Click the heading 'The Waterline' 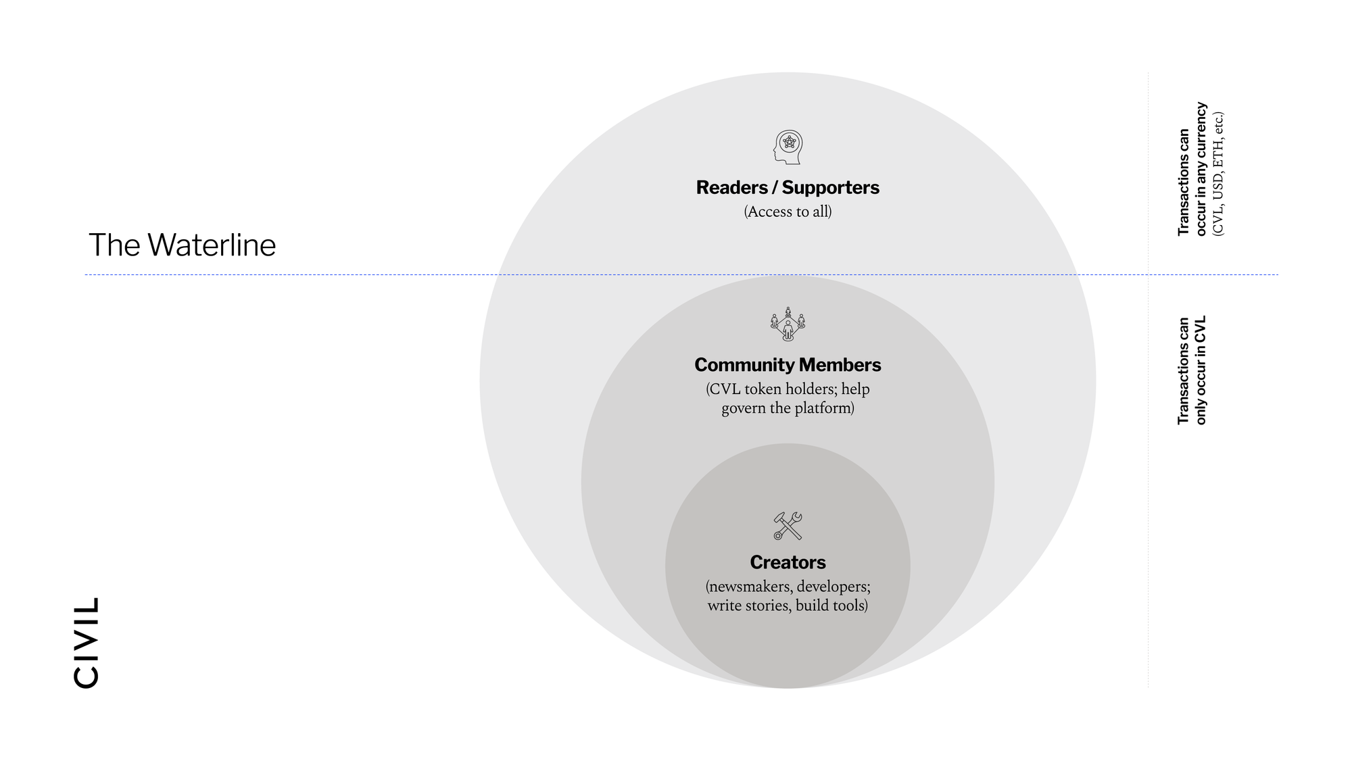(x=182, y=245)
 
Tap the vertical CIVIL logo (x=87, y=642)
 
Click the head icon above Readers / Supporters (x=788, y=147)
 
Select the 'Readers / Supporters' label (x=788, y=187)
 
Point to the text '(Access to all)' (x=788, y=212)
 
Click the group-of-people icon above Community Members (x=788, y=324)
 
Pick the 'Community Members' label (x=788, y=365)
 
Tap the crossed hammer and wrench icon (x=788, y=526)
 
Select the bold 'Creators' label (x=788, y=562)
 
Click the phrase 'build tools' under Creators (x=831, y=605)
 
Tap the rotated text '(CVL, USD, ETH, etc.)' (x=1218, y=174)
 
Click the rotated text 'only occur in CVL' (x=1201, y=370)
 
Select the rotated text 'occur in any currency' (x=1201, y=169)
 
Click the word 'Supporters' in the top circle (x=830, y=187)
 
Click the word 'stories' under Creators (x=769, y=605)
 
